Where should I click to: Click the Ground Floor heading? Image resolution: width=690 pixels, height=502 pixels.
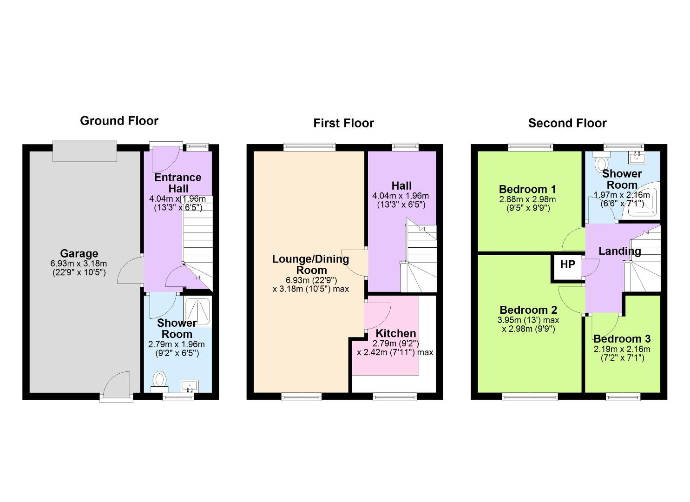coord(119,121)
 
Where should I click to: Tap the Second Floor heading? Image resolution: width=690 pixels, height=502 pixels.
coord(567,123)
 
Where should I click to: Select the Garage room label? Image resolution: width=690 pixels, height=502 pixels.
coord(79,253)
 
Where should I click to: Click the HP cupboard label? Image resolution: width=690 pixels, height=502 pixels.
coord(567,264)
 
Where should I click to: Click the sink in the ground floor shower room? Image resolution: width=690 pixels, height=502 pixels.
coord(190,386)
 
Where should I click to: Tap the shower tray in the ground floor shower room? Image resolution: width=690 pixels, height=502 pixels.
coord(197,311)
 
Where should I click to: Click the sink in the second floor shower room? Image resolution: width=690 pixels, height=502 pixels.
coord(637,158)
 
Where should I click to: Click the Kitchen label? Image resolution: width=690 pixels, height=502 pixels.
coord(396,333)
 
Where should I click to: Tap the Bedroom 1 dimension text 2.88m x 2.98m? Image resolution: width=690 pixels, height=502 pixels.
coord(528,199)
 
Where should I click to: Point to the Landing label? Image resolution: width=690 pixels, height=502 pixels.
coord(620,251)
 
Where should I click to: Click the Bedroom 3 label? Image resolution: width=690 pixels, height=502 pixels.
coord(622,339)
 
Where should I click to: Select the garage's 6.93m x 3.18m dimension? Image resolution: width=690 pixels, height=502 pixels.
coord(79,264)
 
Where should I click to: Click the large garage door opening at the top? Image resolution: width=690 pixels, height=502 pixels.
coord(85,151)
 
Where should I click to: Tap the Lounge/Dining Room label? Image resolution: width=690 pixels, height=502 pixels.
coord(311,264)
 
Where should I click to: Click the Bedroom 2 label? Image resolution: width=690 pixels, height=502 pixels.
coord(528,310)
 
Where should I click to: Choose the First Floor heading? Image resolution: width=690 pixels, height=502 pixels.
coord(343,123)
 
